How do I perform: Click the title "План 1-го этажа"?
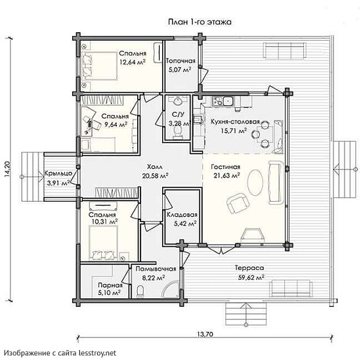click(x=200, y=22)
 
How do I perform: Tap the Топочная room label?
click(x=180, y=61)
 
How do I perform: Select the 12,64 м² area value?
click(x=133, y=62)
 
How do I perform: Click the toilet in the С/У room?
click(x=177, y=133)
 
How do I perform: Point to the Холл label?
click(x=155, y=166)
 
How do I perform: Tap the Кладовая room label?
click(x=182, y=215)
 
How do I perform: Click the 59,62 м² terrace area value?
click(x=251, y=277)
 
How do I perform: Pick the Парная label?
click(x=110, y=285)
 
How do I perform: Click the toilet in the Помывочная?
click(x=140, y=291)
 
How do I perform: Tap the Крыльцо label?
click(x=58, y=173)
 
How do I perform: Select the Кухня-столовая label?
click(x=235, y=122)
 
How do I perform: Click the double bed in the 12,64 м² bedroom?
click(x=99, y=66)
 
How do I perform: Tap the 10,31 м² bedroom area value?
click(x=105, y=222)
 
